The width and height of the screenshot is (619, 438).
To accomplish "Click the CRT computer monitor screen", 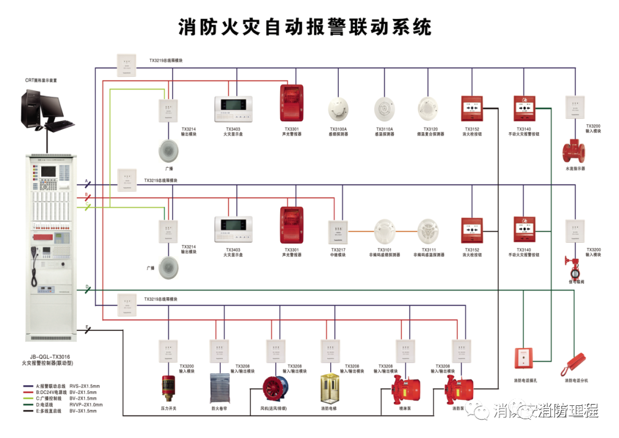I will point(41,106).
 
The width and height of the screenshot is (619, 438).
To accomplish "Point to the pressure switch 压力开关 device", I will point(169,387).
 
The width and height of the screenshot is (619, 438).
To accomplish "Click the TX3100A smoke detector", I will point(338,109).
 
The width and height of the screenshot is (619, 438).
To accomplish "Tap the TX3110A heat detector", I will point(385,108).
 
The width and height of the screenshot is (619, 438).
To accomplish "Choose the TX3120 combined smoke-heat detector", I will point(430,108).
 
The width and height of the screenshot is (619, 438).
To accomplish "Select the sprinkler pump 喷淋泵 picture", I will point(405,390).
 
